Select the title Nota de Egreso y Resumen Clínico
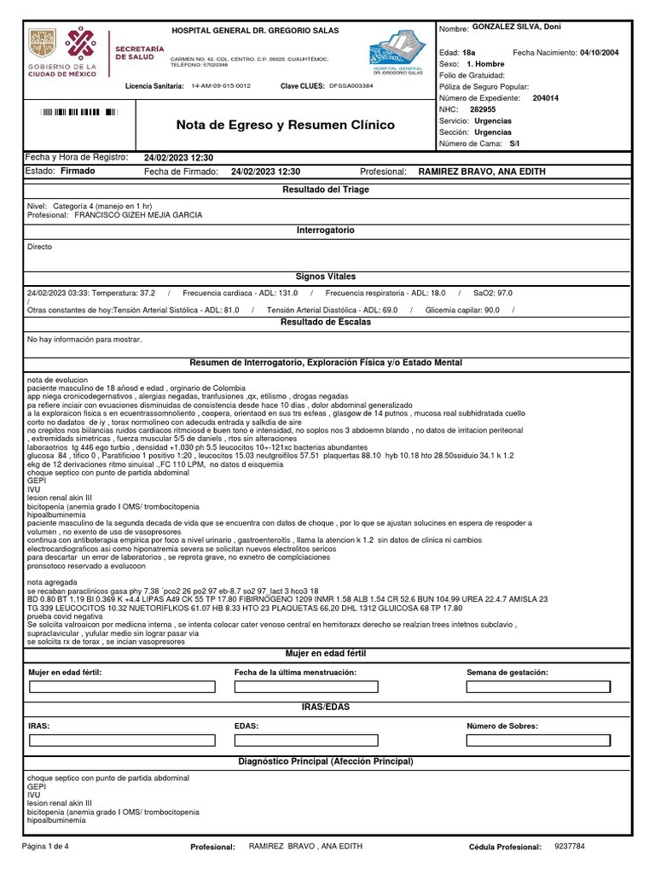click(x=285, y=125)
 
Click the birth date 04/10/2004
click(x=599, y=53)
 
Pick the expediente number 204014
click(x=545, y=98)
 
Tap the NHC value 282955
click(x=483, y=109)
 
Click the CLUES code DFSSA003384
click(x=351, y=86)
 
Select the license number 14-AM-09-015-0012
click(x=221, y=86)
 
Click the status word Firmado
click(x=78, y=171)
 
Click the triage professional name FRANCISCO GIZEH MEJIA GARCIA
click(x=138, y=215)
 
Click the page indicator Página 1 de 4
click(x=51, y=846)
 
